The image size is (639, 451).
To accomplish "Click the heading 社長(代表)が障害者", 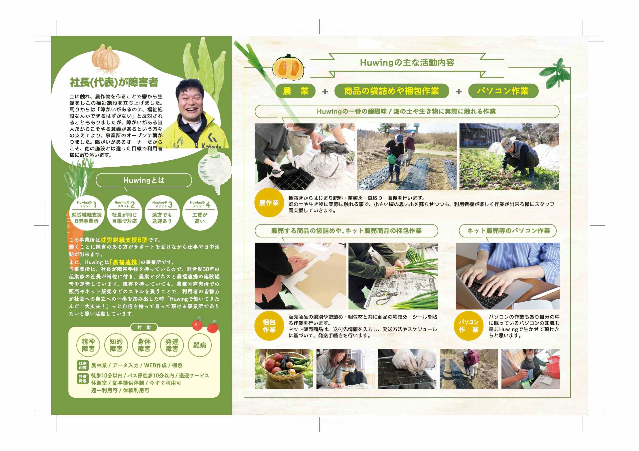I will coord(114,82).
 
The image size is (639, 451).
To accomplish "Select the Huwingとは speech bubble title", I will coord(144,180).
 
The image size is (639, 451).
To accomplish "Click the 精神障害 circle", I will coord(88,345).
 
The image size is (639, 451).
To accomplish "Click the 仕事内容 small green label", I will coord(83,365).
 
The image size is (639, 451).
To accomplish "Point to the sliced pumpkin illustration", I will coord(288,67).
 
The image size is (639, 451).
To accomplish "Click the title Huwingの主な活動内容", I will coord(407,63).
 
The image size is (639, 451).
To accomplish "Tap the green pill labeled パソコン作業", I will coord(503,91).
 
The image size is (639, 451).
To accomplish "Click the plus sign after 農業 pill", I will coord(325,92).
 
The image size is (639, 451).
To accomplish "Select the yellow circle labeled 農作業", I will coord(269,203).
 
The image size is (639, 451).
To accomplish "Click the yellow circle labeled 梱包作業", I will coord(269,326).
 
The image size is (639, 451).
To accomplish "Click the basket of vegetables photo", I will coord(283,369).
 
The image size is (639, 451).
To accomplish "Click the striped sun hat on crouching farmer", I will coord(508,144).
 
